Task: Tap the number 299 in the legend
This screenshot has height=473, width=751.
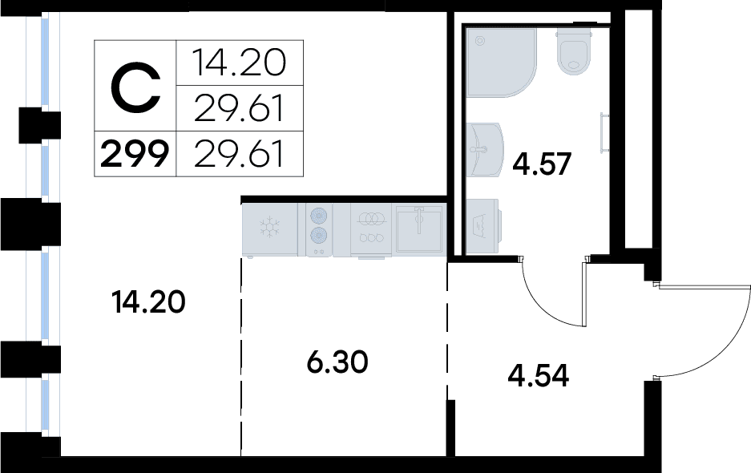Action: coord(134,154)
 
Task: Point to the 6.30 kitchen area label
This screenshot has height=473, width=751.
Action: coord(337,363)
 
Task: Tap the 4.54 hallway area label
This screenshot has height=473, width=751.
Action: coord(539,375)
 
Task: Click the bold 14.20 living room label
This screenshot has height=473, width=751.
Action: coord(149,302)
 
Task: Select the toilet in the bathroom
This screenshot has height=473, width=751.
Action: coord(574,51)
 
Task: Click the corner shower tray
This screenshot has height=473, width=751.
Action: coord(499,62)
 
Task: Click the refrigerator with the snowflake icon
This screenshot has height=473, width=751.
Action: coord(269,228)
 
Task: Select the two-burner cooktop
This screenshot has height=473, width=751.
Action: coord(318,228)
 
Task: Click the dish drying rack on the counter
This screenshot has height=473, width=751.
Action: coord(371,228)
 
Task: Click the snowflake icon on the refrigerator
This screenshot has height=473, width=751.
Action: coord(269,227)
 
